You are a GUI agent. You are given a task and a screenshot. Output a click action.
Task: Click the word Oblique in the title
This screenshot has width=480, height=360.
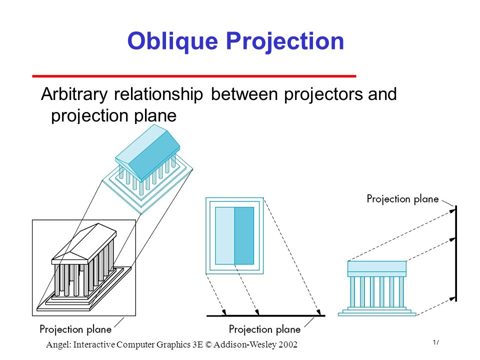pos(172,41)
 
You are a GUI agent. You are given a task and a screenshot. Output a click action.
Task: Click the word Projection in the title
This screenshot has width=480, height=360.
pos(285,41)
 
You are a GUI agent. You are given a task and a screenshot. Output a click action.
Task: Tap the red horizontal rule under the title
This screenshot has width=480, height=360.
pos(194,76)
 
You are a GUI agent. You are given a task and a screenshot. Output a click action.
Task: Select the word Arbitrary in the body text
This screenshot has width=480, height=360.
pos(74,94)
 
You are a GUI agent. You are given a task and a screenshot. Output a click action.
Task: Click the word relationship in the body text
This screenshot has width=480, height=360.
pos(158,94)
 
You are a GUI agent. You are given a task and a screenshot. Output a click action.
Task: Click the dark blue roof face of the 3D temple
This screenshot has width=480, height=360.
pos(156,153)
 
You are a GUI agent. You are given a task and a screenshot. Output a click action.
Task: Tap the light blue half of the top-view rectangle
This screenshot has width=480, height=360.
pos(225,235)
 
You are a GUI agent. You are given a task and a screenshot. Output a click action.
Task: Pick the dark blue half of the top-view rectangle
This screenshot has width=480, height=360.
pos(244,235)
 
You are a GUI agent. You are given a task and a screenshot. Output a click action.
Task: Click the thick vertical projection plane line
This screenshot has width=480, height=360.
pos(456,253)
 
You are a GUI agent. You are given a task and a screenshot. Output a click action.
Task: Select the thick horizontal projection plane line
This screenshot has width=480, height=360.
pos(265,315)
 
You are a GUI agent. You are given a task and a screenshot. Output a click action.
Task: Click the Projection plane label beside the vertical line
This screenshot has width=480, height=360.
pos(402,199)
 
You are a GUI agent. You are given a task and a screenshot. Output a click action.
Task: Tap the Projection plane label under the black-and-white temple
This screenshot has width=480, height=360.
pos(75,329)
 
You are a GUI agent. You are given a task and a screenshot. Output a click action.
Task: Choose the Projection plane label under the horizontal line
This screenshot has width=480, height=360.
pos(264,329)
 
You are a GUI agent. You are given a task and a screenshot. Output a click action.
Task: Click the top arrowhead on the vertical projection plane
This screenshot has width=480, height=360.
pos(452,211)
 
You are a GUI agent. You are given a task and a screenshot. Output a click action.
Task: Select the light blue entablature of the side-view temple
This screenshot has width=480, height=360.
pos(377,266)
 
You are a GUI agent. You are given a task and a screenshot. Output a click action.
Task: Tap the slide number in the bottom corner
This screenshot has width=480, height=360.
pos(436,342)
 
